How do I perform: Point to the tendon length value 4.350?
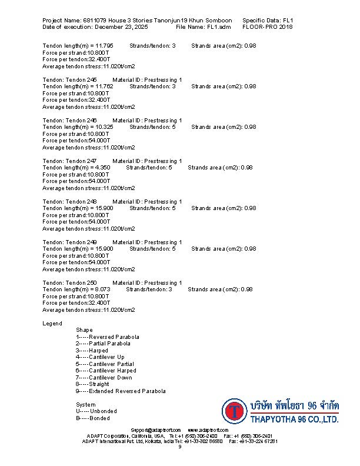102,167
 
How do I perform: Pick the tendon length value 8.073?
102,289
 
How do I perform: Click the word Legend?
52,324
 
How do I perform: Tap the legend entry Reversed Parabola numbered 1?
104,337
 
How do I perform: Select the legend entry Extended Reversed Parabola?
121,391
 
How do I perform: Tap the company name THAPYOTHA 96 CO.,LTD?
294,420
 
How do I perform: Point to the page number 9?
180,447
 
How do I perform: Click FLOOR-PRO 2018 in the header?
268,27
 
